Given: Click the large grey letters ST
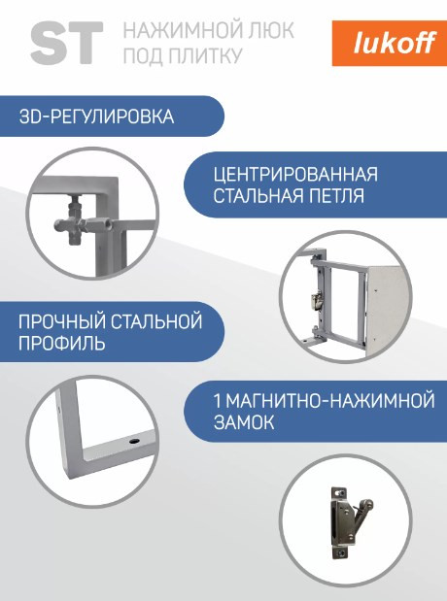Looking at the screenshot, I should click(66, 43).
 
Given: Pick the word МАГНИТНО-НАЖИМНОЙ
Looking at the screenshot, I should click(329, 401).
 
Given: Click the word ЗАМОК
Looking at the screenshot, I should click(243, 423).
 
